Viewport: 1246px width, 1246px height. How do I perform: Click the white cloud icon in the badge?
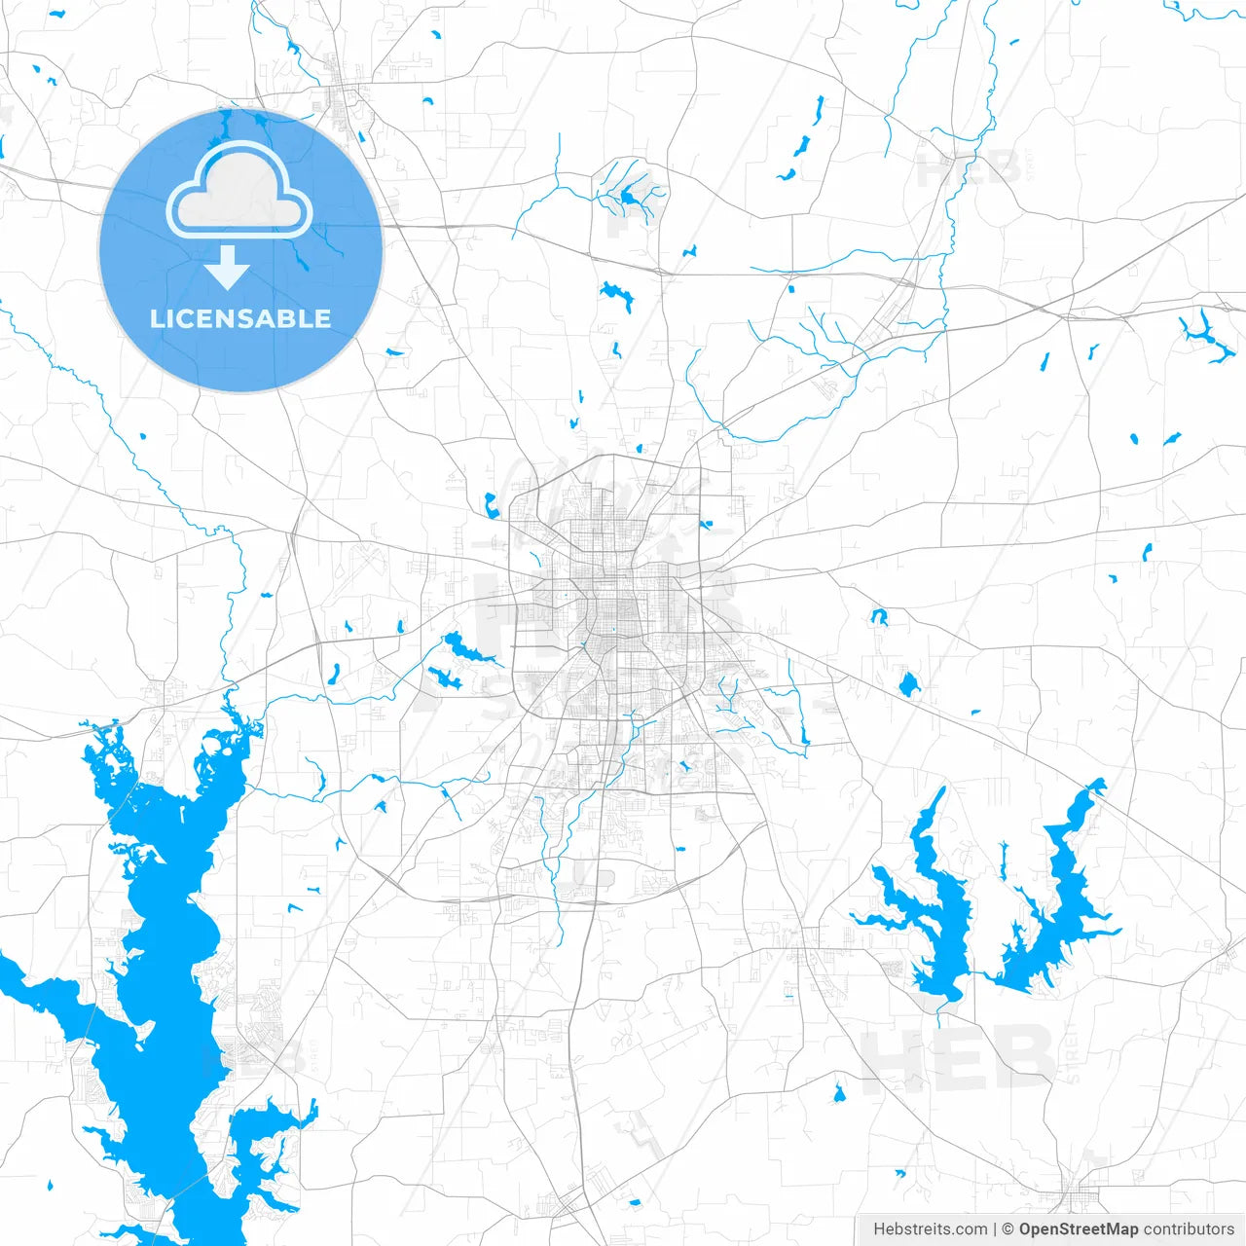click(x=239, y=190)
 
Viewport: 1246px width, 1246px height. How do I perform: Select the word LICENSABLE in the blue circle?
click(x=240, y=318)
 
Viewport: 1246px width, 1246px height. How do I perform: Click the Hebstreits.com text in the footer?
click(x=930, y=1229)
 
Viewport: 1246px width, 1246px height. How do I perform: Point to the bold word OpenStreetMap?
click(x=1078, y=1229)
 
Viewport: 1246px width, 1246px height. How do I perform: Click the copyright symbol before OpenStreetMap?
click(x=1008, y=1229)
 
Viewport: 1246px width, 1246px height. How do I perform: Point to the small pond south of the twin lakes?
click(x=839, y=1094)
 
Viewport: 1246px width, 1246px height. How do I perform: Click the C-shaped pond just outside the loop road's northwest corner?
click(x=491, y=505)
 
